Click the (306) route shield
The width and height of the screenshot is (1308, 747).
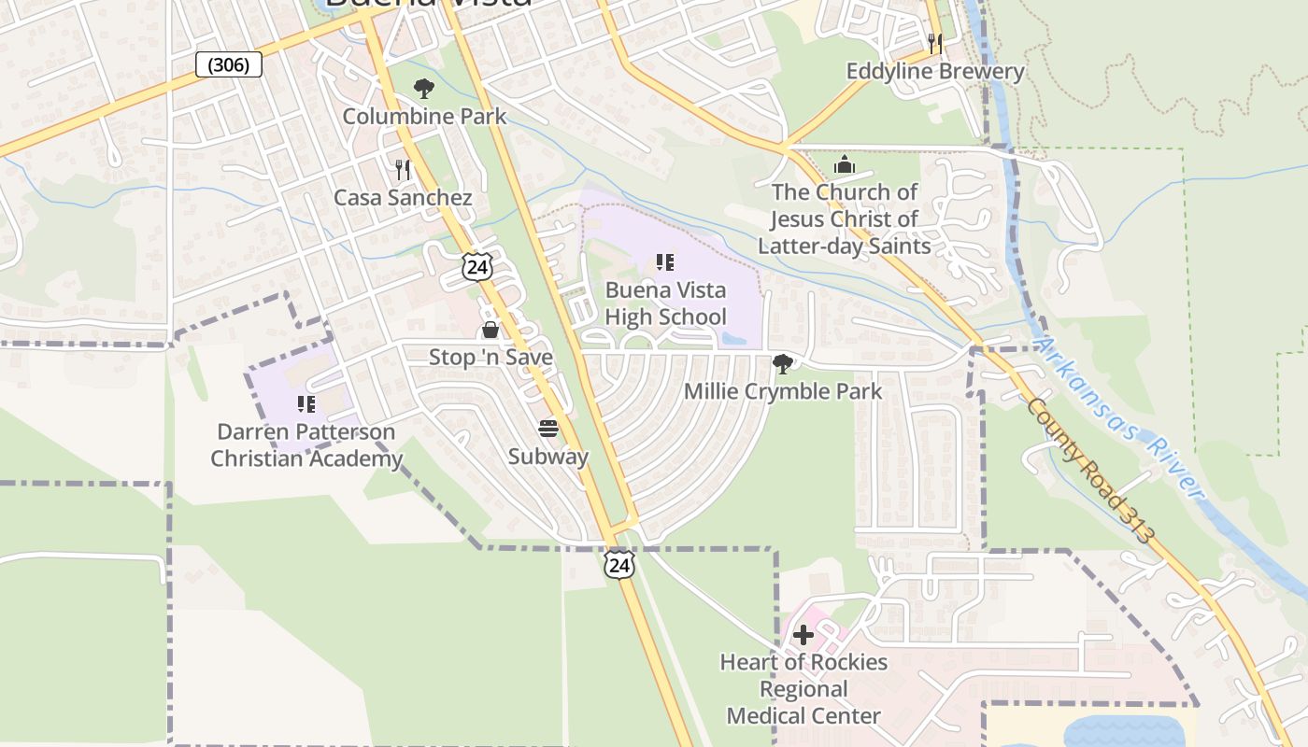[x=229, y=64]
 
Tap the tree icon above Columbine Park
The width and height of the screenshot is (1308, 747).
[x=424, y=89]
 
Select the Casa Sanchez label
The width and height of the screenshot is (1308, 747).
[x=403, y=198]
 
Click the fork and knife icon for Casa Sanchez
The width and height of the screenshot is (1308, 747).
[x=403, y=169]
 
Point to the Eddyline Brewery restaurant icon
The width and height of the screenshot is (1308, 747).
[x=935, y=43]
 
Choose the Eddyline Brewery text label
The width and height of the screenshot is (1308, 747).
[x=935, y=72]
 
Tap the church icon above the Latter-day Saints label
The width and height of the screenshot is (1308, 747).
[x=845, y=164]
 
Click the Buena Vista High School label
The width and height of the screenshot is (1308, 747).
[x=665, y=303]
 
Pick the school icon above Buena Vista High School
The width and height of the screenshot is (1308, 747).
[x=665, y=262]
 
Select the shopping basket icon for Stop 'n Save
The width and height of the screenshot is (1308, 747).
[x=490, y=330]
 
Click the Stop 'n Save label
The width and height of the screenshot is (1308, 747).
[x=490, y=358]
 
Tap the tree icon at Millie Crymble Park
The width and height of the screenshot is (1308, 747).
[x=783, y=363]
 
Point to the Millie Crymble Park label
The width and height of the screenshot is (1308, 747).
[x=783, y=391]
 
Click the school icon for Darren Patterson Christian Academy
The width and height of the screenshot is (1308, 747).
[x=306, y=404]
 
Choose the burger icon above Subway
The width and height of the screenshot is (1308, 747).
[x=548, y=429]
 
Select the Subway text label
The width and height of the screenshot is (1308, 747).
[x=548, y=457]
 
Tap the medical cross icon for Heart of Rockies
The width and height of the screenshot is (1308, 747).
[x=803, y=635]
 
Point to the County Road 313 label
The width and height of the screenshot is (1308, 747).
[x=1088, y=471]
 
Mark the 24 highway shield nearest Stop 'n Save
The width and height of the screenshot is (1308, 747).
[x=476, y=266]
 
